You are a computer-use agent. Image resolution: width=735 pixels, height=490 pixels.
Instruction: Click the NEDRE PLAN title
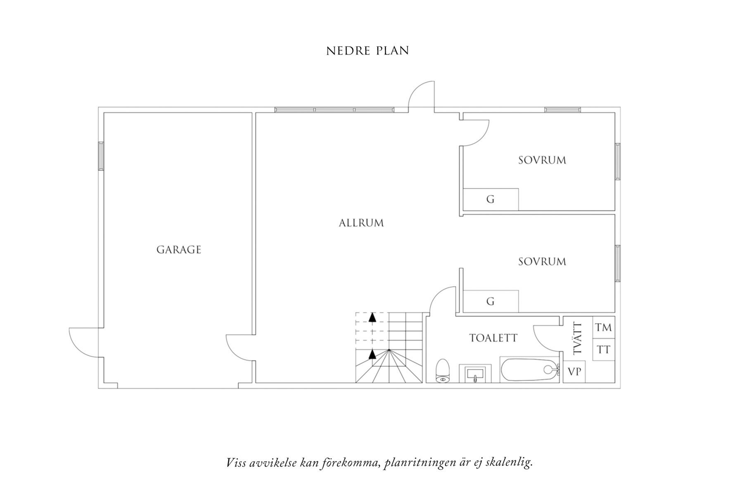(x=367, y=50)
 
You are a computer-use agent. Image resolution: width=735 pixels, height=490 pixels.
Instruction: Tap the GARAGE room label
(x=179, y=250)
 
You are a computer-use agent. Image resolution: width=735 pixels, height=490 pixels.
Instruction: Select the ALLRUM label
(x=361, y=223)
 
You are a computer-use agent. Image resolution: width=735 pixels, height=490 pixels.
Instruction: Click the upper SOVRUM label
(x=542, y=160)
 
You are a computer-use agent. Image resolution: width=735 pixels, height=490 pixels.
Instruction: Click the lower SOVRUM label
(x=542, y=262)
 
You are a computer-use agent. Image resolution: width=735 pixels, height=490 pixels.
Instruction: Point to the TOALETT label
(x=493, y=338)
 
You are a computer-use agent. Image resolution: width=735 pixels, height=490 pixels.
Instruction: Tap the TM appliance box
(x=604, y=327)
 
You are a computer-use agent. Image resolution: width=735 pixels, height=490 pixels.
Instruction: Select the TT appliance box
(x=604, y=350)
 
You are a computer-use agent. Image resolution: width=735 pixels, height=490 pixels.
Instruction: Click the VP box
(x=574, y=372)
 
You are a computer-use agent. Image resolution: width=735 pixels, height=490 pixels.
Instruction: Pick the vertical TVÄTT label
(x=577, y=338)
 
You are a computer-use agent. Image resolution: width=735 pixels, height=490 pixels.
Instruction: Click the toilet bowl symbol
(x=442, y=370)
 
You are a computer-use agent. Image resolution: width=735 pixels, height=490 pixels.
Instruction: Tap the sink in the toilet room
(x=475, y=374)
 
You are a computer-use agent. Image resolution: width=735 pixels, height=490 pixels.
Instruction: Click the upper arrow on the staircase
(x=372, y=317)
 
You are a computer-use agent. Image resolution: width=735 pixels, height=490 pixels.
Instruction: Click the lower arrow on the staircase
(x=372, y=354)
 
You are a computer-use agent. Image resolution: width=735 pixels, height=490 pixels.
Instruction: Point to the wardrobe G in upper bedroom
(x=491, y=199)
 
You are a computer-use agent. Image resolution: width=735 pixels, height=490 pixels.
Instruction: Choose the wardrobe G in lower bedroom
(x=491, y=301)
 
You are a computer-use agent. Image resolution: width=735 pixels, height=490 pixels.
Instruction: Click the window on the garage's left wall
(x=101, y=156)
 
